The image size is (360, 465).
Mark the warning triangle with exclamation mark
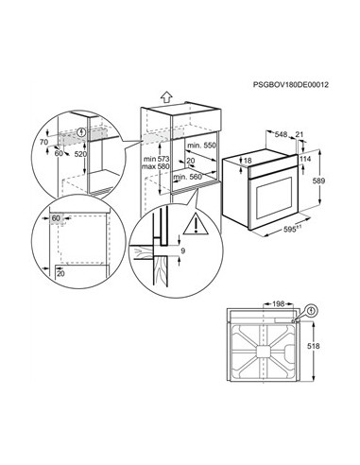tap(195, 225)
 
